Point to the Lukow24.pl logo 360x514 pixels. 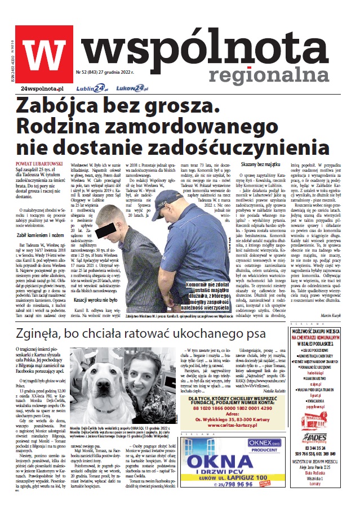pos(132,88)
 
